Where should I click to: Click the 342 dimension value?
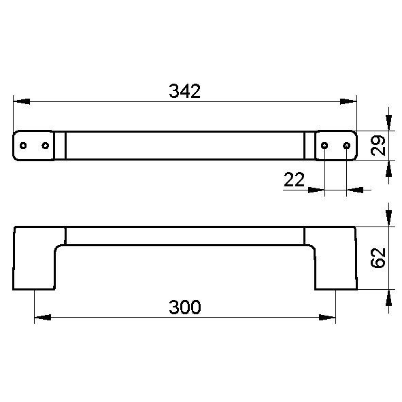click(184, 91)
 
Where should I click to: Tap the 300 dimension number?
click(184, 307)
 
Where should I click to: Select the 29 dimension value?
click(378, 146)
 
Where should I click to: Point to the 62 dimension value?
click(378, 258)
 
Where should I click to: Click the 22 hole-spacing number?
click(295, 180)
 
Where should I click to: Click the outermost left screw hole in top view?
click(23, 146)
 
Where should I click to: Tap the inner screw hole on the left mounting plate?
click(46, 146)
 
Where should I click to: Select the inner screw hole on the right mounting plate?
click(324, 146)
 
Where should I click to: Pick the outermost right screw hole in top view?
click(347, 146)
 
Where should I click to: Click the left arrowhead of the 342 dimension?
click(22, 101)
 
